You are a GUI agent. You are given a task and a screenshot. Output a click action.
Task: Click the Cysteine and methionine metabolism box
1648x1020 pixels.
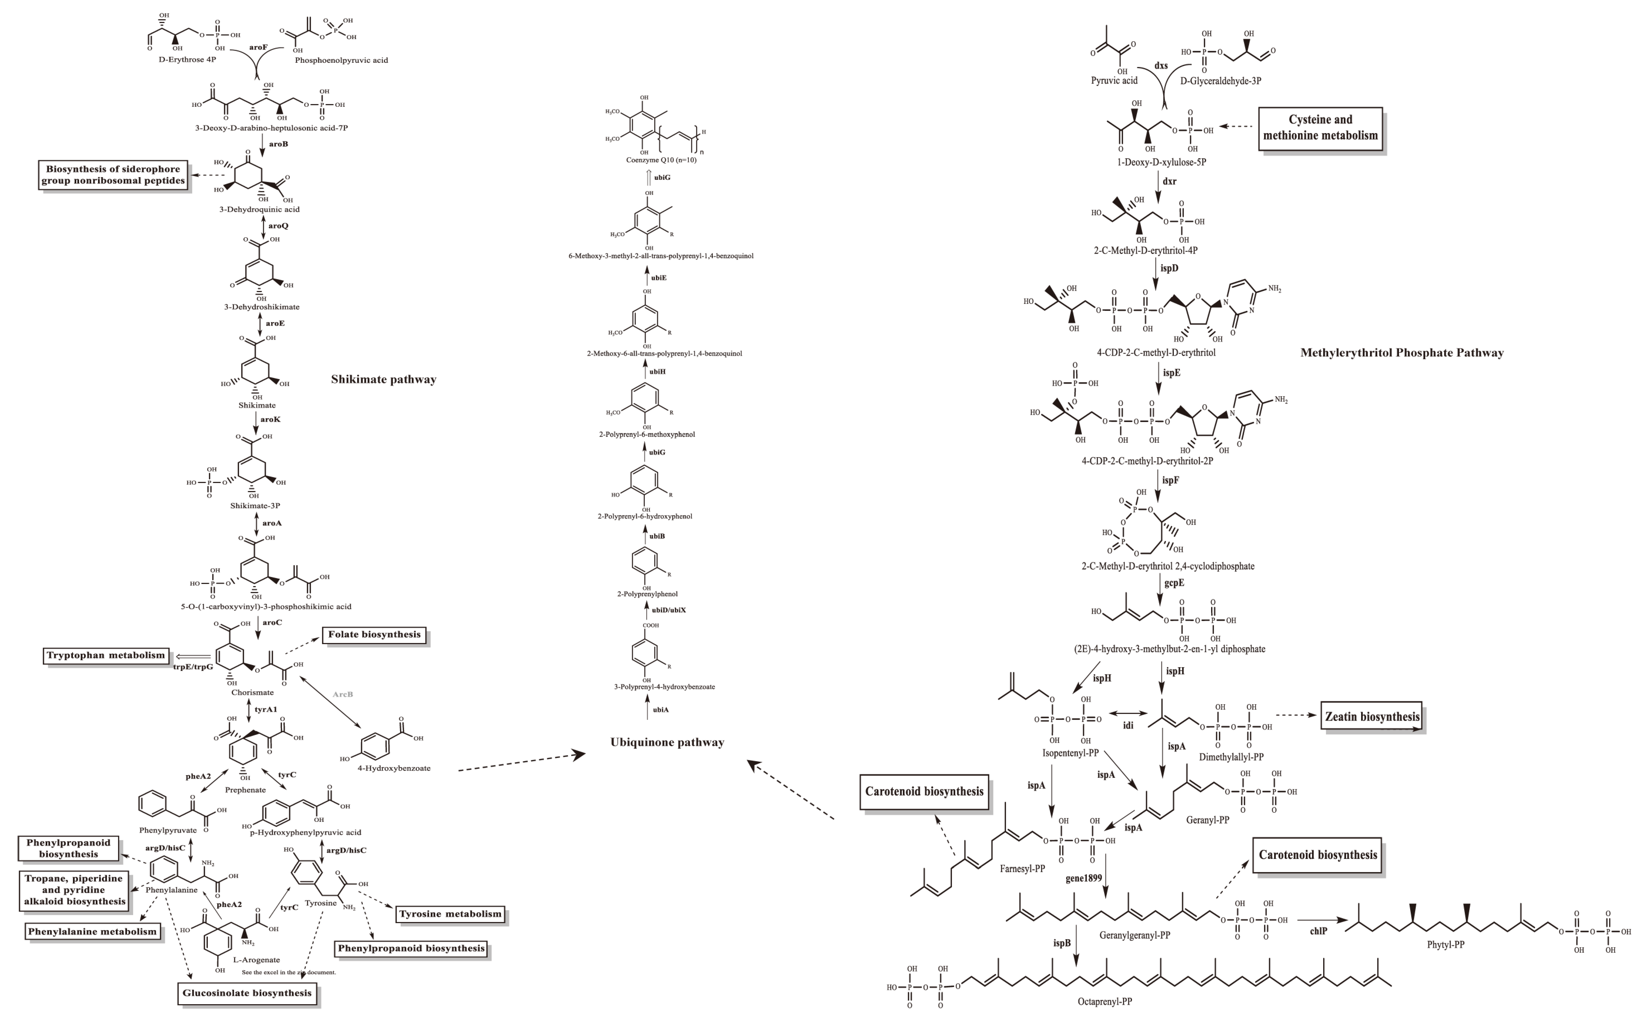1320,128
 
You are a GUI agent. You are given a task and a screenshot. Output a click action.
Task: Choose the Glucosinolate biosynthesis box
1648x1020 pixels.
247,993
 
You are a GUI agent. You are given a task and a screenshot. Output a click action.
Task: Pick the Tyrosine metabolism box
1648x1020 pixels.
450,915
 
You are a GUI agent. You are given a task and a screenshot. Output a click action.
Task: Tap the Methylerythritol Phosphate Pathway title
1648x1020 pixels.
1402,353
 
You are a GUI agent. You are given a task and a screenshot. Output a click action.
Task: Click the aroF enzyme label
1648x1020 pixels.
258,48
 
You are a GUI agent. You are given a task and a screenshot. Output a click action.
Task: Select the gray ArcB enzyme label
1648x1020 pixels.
343,694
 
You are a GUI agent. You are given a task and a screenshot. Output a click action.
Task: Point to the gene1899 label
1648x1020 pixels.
1083,878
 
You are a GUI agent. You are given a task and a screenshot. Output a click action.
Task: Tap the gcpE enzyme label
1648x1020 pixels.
1174,583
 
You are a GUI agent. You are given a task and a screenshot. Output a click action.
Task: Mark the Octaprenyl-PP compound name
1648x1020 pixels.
1104,1002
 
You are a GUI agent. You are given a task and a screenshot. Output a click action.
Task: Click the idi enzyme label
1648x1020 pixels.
1128,726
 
